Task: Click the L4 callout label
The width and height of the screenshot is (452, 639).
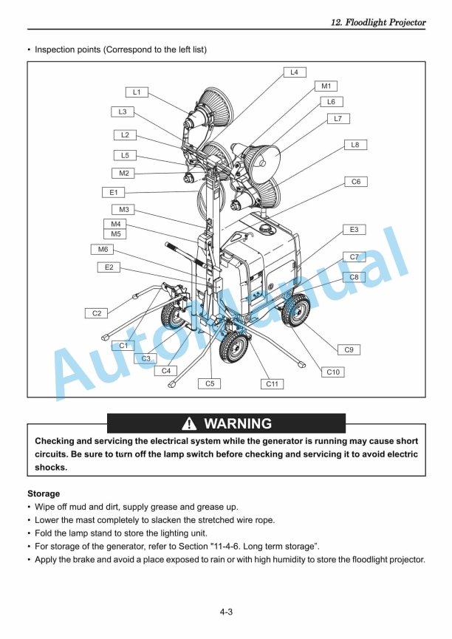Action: [x=294, y=72]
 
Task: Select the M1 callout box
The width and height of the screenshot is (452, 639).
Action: [x=325, y=86]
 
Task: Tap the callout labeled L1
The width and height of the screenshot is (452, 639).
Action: [x=137, y=92]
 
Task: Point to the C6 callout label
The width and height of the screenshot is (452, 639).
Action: [x=355, y=182]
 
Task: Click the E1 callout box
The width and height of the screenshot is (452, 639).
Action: [x=114, y=192]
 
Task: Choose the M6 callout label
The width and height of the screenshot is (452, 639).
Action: [x=103, y=250]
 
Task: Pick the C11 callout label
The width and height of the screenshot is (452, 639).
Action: [x=272, y=384]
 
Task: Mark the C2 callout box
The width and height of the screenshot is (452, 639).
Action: [x=96, y=313]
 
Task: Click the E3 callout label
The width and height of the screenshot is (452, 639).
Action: [x=354, y=230]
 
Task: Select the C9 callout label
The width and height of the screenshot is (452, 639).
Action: [x=349, y=349]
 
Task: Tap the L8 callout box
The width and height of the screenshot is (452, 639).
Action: [x=355, y=145]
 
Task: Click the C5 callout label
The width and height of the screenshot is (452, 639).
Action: [x=210, y=383]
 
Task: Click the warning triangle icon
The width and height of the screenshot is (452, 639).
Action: [x=190, y=424]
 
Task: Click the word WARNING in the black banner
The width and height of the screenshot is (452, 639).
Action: [x=237, y=424]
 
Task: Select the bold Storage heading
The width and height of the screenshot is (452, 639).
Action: [x=44, y=493]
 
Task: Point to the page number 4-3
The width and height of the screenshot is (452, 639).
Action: [x=226, y=612]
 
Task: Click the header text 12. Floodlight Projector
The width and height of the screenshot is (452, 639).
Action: [x=377, y=22]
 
